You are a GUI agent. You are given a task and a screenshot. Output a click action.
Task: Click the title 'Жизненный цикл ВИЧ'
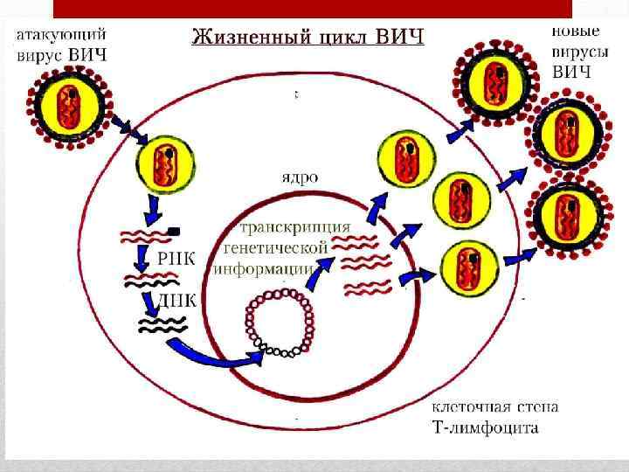click(308, 38)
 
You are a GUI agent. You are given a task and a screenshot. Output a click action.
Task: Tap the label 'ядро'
click(299, 176)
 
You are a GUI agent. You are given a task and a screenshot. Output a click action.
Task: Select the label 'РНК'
click(176, 257)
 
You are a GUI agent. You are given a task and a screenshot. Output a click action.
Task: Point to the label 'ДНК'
click(177, 299)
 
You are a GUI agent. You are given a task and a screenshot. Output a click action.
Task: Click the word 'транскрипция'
click(295, 227)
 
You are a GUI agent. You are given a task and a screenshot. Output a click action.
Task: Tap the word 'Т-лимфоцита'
click(486, 428)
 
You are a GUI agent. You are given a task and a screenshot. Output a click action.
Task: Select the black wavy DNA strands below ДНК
click(161, 326)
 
